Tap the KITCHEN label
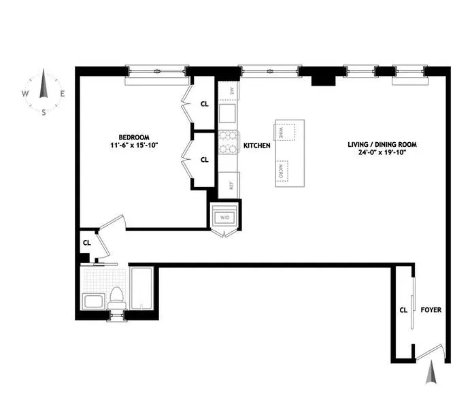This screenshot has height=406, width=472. point(256,146)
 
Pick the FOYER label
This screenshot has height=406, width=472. point(431,310)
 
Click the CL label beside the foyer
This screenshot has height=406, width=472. point(403,310)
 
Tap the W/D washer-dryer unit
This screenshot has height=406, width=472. point(224,218)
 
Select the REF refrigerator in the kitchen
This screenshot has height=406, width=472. point(229,184)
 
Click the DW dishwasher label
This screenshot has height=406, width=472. point(231,90)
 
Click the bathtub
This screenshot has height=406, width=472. point(143,290)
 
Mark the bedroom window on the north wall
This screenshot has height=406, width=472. point(157,71)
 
